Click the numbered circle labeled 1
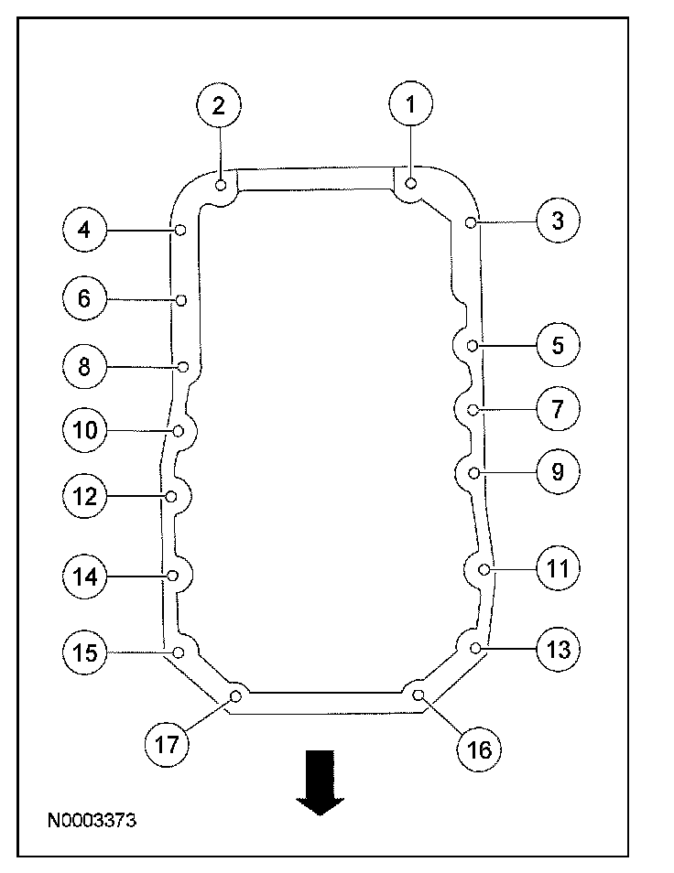(x=411, y=105)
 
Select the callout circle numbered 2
(x=218, y=105)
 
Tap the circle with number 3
(x=558, y=221)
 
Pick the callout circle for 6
(x=84, y=298)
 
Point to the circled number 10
(x=84, y=429)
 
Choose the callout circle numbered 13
(x=558, y=649)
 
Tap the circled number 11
(x=558, y=568)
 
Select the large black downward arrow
(x=320, y=781)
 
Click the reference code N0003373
(x=92, y=822)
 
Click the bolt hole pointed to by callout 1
(x=411, y=184)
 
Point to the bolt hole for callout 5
(x=472, y=345)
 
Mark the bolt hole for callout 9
(x=473, y=472)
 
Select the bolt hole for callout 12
(x=171, y=496)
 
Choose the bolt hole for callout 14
(x=172, y=575)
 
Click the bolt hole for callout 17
(x=235, y=696)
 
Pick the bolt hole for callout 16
(x=418, y=695)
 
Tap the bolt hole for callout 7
(x=472, y=409)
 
